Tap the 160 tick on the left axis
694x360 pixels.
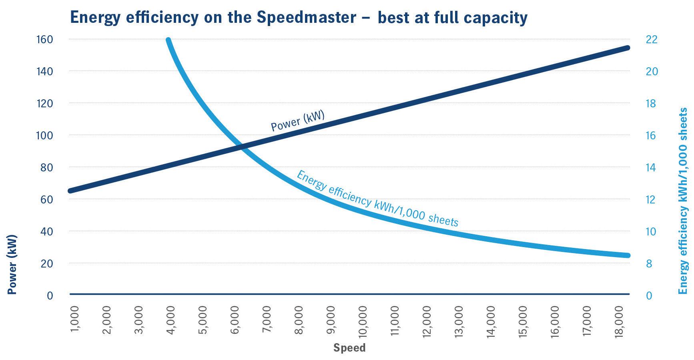pos(45,40)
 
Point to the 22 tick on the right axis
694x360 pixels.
pos(652,40)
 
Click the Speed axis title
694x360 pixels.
pos(349,348)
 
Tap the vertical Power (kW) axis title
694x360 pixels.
pos(12,265)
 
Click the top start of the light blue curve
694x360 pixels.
pos(168,40)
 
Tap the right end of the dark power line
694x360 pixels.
pos(627,48)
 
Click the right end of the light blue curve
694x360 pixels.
pos(627,255)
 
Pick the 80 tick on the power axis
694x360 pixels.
pos(46,167)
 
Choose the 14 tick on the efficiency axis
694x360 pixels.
pos(652,167)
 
